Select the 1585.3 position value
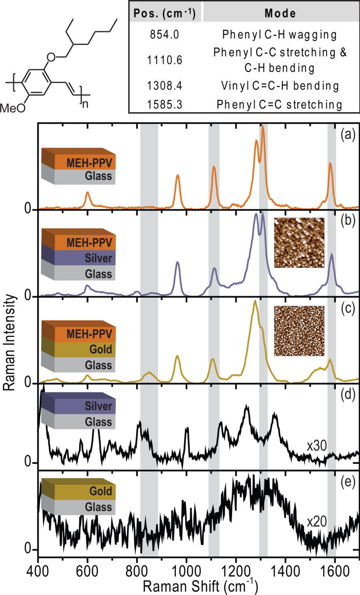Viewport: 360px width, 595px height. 166,104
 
